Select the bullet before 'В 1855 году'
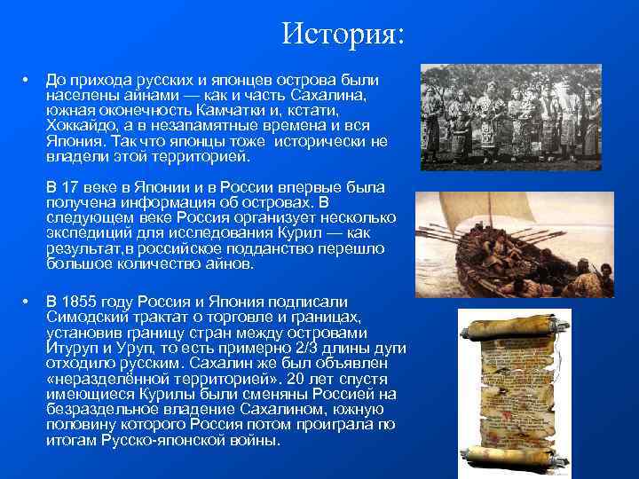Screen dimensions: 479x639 29,302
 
